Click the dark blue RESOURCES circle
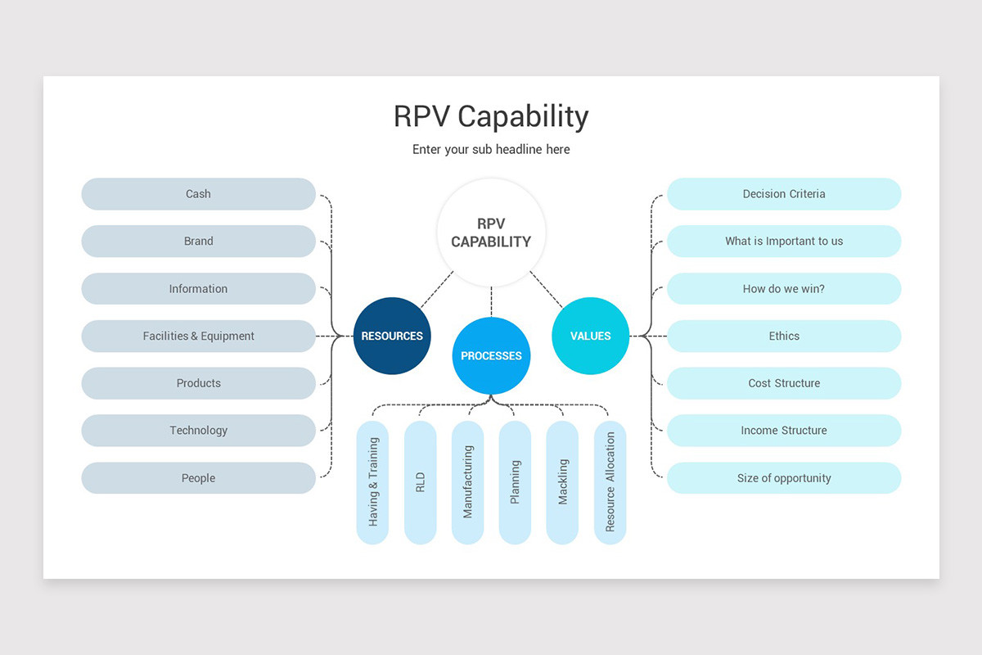point(392,336)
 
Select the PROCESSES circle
point(491,356)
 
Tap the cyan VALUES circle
point(590,336)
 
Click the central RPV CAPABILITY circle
point(491,233)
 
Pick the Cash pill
point(198,194)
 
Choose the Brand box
point(198,242)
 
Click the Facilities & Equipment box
point(198,336)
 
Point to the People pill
point(198,478)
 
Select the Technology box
point(198,431)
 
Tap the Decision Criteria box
point(784,194)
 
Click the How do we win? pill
point(784,289)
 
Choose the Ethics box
point(784,336)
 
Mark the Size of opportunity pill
point(784,478)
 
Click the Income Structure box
point(784,431)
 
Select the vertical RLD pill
point(420,482)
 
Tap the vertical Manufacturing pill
point(468,482)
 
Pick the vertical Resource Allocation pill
point(610,482)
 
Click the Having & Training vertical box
point(372,482)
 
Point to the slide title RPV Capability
point(491,117)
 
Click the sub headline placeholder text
point(491,150)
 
